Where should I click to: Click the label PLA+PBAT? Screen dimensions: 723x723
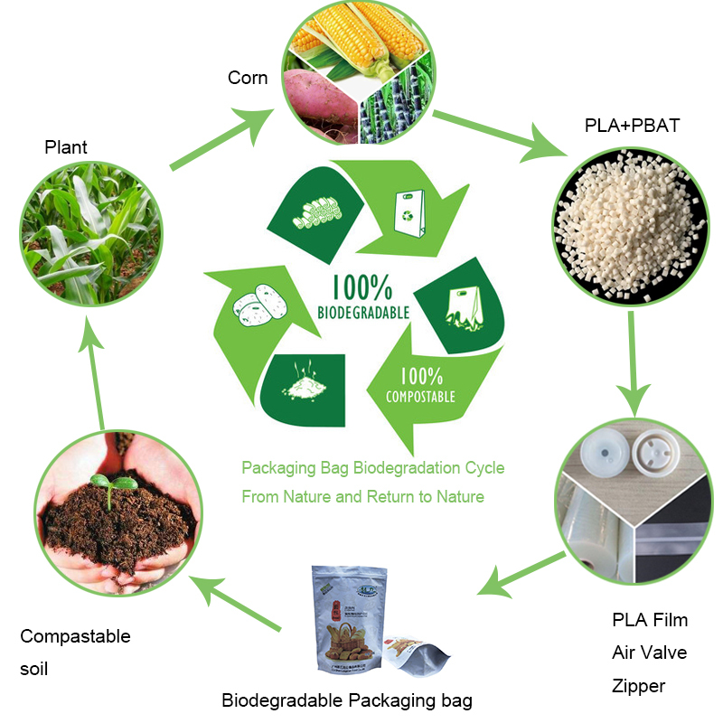coord(632,125)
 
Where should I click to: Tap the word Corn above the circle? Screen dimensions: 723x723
coord(248,78)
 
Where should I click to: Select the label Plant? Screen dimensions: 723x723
coord(66,146)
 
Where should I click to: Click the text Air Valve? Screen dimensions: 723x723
coord(650,653)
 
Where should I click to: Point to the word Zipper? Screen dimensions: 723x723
coord(639,686)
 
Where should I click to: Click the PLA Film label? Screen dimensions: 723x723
coord(650,620)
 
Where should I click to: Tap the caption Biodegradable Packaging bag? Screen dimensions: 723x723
coord(347,700)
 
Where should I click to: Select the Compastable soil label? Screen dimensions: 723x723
coord(75,653)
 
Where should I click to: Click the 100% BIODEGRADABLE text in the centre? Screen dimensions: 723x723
coord(362,297)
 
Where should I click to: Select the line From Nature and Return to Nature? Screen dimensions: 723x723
coord(362,497)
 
